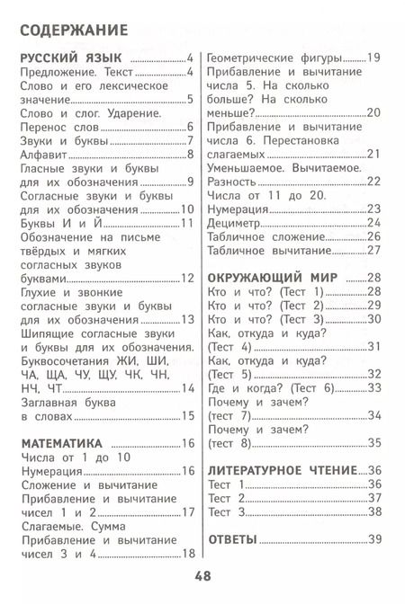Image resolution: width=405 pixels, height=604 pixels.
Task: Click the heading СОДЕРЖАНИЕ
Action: (x=74, y=32)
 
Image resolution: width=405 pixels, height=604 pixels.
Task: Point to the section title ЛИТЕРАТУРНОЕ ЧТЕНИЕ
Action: (x=283, y=469)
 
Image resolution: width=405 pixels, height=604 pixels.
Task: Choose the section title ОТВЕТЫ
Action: (x=232, y=539)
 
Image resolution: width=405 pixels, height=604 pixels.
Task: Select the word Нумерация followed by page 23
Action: (x=244, y=207)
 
